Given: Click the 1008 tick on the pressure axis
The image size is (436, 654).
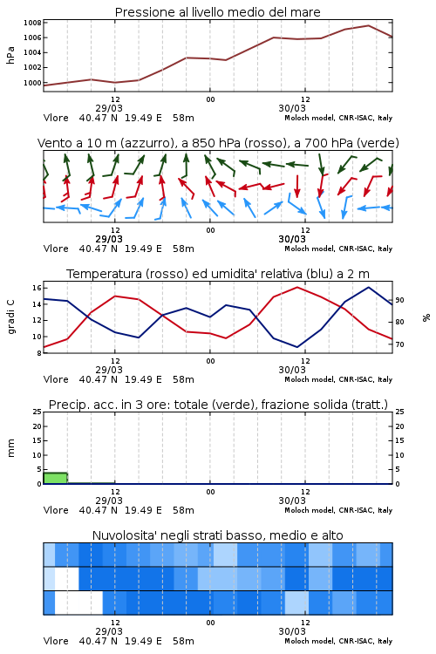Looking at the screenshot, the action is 32,23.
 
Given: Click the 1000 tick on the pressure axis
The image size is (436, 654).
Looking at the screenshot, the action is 32,83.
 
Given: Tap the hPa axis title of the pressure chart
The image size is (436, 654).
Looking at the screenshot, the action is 10,55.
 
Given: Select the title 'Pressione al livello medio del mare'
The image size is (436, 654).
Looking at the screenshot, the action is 218,12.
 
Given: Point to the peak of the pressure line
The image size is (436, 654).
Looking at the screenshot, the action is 368,25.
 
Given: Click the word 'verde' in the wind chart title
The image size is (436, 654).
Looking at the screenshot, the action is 377,144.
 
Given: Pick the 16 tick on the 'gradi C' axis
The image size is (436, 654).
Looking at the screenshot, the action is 37,288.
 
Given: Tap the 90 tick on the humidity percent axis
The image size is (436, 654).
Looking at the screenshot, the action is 399,300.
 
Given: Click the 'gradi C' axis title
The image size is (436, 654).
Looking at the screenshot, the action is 11,317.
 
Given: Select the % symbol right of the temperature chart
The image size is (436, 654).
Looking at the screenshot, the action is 426,317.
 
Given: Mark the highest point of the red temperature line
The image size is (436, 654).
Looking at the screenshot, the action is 297,287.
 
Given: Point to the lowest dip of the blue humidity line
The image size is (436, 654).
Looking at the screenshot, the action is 297,347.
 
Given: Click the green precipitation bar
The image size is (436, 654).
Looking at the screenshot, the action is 56,478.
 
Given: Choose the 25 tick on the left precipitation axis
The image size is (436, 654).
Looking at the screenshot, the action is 37,412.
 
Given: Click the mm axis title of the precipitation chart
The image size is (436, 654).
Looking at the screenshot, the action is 11,448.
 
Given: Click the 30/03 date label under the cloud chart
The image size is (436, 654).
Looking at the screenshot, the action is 292,631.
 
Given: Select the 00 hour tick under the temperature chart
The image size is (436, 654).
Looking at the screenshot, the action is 210,361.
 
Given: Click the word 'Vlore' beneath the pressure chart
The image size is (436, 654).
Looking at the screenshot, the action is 56,118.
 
